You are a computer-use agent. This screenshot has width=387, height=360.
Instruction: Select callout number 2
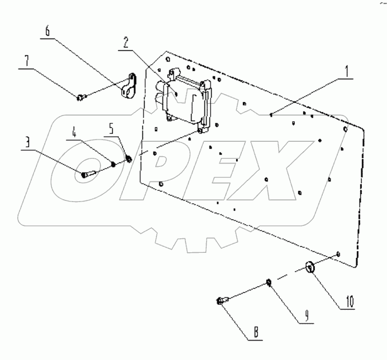point(126,42)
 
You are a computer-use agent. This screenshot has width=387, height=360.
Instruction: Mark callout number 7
point(25,60)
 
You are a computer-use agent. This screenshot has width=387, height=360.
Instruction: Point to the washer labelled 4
point(113,164)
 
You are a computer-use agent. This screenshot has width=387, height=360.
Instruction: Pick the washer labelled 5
point(129,159)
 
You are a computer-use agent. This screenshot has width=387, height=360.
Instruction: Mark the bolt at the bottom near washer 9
point(221,302)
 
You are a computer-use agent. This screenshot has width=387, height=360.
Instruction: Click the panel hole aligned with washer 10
point(338,255)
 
